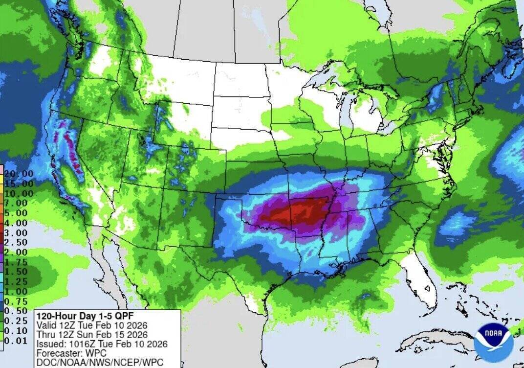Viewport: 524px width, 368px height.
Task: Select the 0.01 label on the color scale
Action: coord(17,341)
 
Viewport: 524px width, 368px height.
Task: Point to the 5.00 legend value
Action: coord(17,213)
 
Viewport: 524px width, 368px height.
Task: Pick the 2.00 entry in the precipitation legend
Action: coord(17,252)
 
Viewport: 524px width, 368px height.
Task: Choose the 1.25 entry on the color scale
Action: coord(17,281)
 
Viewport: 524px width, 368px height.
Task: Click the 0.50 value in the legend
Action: coord(17,311)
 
